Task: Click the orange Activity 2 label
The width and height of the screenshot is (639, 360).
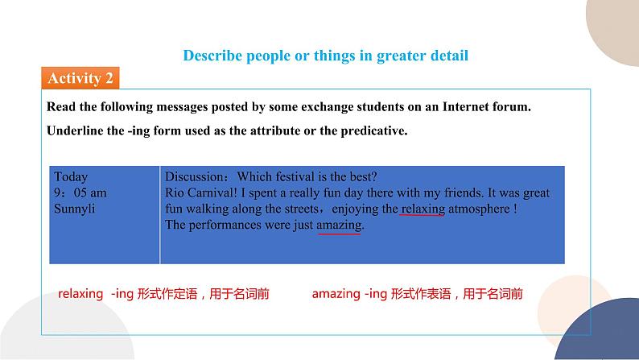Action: [80, 78]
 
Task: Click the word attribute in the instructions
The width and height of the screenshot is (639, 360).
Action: [270, 130]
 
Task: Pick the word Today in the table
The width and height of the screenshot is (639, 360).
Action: [71, 176]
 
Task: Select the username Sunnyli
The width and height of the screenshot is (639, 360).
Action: [75, 209]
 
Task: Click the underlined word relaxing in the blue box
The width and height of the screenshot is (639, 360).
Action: [423, 209]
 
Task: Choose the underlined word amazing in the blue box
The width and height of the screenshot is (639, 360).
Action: [340, 226]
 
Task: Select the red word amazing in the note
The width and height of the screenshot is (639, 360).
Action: [336, 294]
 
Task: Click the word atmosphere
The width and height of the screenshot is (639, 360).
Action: [480, 209]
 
